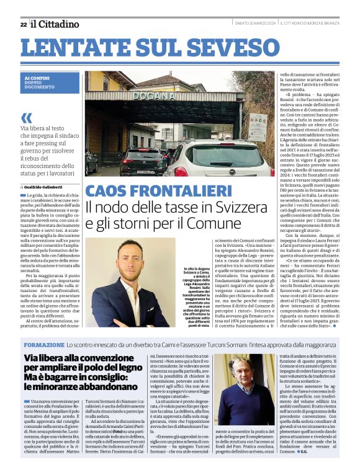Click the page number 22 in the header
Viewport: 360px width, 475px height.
[x=24, y=24]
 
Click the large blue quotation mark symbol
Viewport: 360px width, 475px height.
[x=26, y=118]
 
